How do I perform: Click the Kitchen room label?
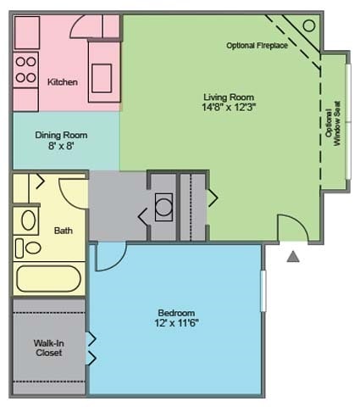(x=63, y=82)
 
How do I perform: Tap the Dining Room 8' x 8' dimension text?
(x=61, y=146)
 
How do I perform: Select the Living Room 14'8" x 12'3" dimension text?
(x=229, y=107)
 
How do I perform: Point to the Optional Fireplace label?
(x=257, y=45)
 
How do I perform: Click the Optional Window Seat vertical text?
(x=333, y=124)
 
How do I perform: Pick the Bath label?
(x=64, y=231)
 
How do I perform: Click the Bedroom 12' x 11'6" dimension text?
(x=176, y=322)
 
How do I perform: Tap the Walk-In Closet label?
(x=49, y=348)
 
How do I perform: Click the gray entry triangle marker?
(x=293, y=256)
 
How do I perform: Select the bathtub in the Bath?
(x=48, y=279)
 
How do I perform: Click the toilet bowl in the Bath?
(x=33, y=248)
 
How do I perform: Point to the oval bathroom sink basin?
(x=29, y=220)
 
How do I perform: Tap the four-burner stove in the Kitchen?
(x=25, y=70)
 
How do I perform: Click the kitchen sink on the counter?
(x=102, y=78)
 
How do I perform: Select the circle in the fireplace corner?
(x=309, y=25)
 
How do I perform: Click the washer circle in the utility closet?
(x=163, y=207)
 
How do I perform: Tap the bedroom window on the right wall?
(x=263, y=291)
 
